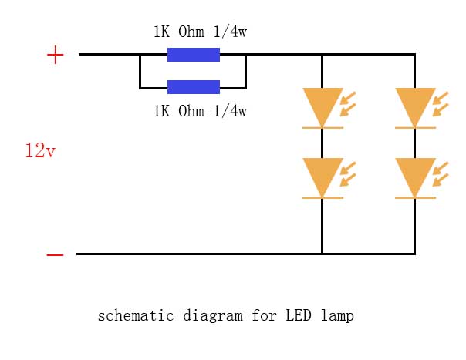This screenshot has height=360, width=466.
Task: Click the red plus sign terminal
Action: tap(56, 55)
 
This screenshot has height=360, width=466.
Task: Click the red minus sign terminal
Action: tap(55, 254)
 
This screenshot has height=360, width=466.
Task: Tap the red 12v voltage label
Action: tap(40, 150)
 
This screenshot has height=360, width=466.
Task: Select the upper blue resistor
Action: tap(194, 55)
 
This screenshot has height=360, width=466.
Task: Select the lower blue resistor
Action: tap(194, 87)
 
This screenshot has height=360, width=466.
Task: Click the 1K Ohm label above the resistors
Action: tap(200, 32)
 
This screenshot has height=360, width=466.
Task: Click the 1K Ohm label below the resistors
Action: tap(200, 111)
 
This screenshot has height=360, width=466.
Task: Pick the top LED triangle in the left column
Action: tap(322, 106)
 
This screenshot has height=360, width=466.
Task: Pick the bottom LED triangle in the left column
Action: tap(322, 176)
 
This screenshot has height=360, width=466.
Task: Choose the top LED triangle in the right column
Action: tap(415, 106)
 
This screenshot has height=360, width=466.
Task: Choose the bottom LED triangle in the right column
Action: tap(415, 176)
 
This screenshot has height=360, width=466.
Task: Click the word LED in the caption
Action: tap(299, 315)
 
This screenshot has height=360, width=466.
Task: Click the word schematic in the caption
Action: tap(136, 315)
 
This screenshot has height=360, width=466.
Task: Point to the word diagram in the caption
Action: tap(213, 316)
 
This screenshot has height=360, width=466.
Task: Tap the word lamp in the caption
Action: tap(338, 316)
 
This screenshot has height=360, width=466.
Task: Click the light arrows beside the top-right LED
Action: tap(441, 103)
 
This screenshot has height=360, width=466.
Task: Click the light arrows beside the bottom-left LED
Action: tap(348, 173)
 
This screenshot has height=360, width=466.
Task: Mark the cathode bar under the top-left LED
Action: tap(322, 128)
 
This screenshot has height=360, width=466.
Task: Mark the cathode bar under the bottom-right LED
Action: tap(415, 198)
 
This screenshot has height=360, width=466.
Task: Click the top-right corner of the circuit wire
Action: tap(415, 55)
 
